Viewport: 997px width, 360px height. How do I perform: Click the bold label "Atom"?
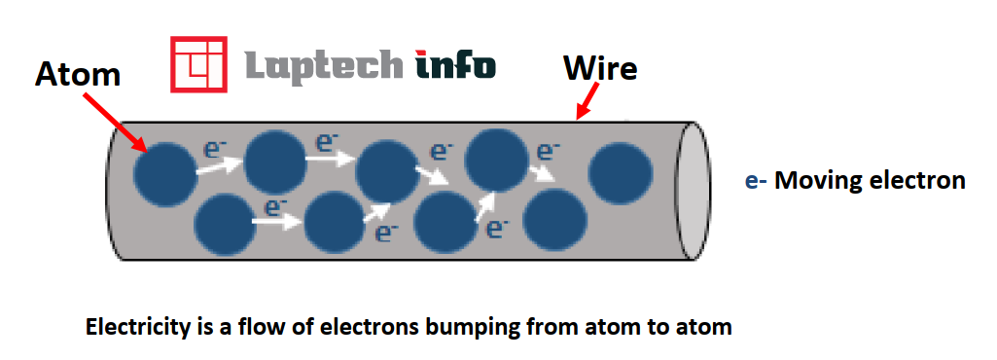pyautogui.click(x=78, y=74)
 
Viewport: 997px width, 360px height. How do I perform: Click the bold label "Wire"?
pyautogui.click(x=601, y=69)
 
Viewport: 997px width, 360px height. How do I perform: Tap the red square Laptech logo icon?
pyautogui.click(x=198, y=64)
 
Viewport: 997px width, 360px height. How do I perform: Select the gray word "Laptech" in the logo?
pyautogui.click(x=322, y=65)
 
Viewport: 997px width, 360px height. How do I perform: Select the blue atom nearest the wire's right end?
pyautogui.click(x=619, y=173)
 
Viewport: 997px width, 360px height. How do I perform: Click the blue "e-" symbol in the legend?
pyautogui.click(x=754, y=180)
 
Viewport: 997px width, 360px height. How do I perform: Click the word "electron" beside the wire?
pyautogui.click(x=917, y=180)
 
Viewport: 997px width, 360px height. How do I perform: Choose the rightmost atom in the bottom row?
pyautogui.click(x=556, y=219)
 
